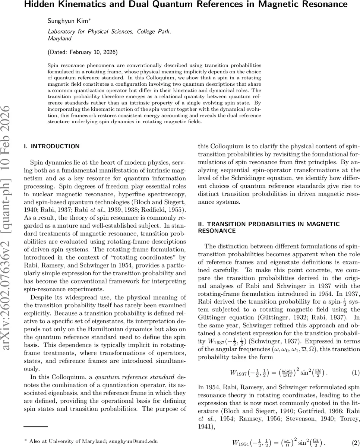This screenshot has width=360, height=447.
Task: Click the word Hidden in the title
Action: (x=40, y=5)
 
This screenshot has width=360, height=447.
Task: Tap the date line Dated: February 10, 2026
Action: (x=83, y=52)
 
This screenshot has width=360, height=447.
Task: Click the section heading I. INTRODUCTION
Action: (x=51, y=146)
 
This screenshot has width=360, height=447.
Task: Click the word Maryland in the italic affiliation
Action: (x=59, y=38)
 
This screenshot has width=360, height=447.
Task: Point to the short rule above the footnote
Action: (x=36, y=426)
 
